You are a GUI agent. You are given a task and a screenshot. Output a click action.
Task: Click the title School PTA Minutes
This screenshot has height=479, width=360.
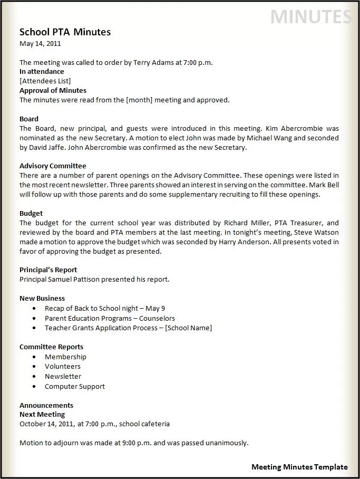(65, 32)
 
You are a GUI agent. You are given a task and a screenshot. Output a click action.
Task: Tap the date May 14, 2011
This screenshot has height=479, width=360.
(40, 44)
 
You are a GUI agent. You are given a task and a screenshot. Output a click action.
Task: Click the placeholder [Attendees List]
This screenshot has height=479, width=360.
(45, 81)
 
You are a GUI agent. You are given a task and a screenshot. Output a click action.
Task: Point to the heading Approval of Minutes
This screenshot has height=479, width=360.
(53, 90)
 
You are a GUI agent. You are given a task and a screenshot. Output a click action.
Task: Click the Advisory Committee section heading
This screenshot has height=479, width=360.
(53, 166)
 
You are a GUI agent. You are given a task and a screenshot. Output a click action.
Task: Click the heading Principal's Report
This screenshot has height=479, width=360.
(48, 270)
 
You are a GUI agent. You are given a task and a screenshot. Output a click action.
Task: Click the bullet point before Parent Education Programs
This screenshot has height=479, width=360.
(34, 319)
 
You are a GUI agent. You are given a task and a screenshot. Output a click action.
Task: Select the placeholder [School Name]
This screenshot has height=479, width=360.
(188, 328)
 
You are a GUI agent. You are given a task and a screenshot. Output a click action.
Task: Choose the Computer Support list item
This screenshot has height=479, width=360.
(74, 387)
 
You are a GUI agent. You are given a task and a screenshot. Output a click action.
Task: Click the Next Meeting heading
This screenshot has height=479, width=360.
(42, 415)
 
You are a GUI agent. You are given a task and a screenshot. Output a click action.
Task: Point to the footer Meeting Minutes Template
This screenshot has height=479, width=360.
(299, 467)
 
